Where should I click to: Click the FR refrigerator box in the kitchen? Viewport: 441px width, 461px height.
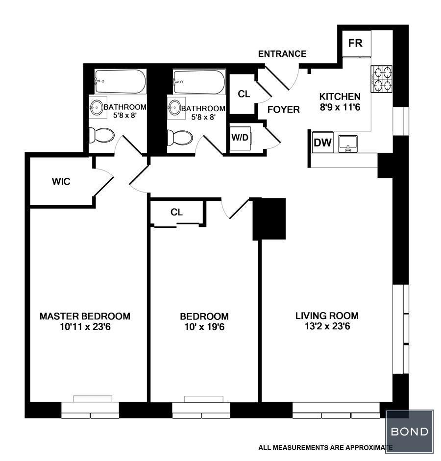click(357, 44)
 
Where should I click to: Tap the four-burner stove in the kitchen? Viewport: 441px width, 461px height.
click(382, 79)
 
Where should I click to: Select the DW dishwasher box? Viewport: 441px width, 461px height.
click(322, 143)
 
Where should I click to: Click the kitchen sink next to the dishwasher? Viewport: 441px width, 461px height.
click(348, 144)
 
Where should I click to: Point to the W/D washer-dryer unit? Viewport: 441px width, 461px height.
click(240, 138)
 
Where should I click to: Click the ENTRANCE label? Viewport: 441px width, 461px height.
click(282, 54)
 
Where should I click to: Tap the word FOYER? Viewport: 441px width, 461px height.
click(283, 110)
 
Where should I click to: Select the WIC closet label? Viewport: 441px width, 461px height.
click(61, 181)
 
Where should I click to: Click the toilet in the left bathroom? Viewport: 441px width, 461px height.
click(101, 136)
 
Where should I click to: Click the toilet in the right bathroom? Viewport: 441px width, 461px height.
click(180, 138)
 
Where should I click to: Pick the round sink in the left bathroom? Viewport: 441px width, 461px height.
click(97, 107)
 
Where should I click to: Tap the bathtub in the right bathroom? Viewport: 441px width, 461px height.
click(199, 82)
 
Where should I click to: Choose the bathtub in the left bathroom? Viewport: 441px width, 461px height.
click(120, 81)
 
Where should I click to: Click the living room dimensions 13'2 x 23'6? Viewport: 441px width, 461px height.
click(327, 326)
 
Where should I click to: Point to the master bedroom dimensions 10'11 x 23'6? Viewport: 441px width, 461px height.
click(85, 327)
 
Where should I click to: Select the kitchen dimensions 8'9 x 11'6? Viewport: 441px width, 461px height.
click(340, 107)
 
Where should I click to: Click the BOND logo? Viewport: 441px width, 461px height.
click(410, 431)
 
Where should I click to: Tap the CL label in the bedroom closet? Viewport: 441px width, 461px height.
click(176, 212)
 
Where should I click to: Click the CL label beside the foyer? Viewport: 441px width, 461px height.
click(244, 94)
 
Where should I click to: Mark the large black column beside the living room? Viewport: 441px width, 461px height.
click(269, 219)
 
